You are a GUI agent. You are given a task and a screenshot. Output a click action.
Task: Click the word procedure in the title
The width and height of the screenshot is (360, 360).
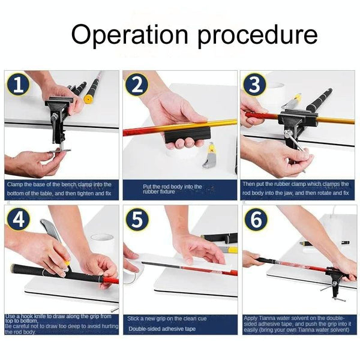253,35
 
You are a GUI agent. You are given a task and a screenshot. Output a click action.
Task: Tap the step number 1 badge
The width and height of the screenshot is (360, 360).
19,85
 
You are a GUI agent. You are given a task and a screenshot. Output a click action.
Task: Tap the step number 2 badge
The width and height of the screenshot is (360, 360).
137,85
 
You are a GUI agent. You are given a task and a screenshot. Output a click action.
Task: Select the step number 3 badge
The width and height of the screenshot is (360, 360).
255,85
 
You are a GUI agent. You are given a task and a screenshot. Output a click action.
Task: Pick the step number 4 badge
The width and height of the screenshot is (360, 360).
19,220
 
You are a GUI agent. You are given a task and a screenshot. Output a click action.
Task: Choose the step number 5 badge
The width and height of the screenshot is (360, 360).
137,220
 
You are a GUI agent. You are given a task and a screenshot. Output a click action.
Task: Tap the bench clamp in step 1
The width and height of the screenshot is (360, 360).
60,117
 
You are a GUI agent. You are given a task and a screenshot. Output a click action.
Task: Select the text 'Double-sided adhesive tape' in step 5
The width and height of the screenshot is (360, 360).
161,329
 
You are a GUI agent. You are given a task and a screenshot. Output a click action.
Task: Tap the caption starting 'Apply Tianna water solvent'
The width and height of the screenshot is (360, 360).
297,323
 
